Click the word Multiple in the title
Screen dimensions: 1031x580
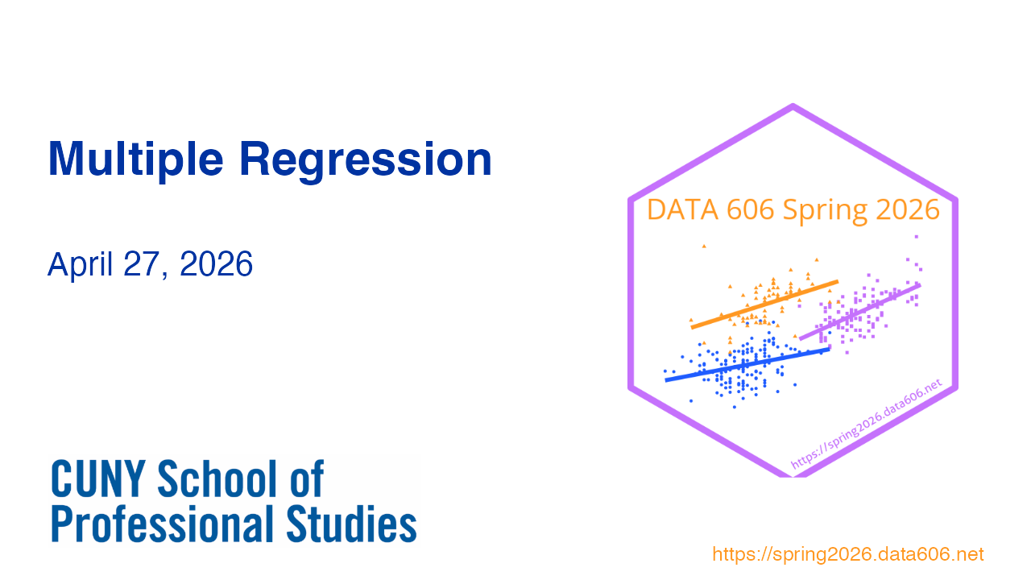coord(136,159)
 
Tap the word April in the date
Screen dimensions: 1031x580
coord(80,264)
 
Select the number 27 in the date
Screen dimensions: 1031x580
coord(141,264)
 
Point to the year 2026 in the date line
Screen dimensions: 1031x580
coord(216,263)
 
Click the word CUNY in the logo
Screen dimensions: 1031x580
coord(98,478)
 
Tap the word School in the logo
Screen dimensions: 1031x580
coord(217,478)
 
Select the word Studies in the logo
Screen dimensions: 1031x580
coord(352,524)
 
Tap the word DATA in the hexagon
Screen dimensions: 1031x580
coord(682,210)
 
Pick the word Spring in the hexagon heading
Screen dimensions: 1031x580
coord(826,212)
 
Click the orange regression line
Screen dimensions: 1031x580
coord(764,304)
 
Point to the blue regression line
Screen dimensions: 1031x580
coord(747,365)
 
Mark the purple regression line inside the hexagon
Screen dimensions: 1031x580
coord(859,312)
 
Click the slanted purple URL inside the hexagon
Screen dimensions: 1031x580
coord(866,424)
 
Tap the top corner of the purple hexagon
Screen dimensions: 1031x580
coord(793,105)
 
